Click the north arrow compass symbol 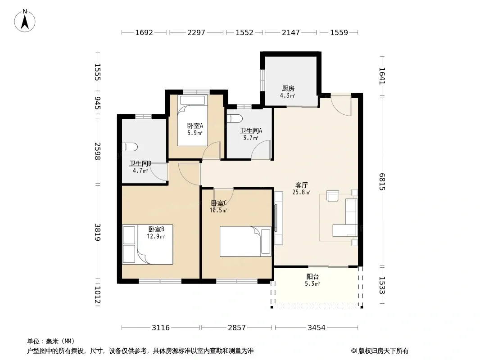(x=25, y=21)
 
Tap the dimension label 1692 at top (x=144, y=32)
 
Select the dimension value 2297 (x=196, y=32)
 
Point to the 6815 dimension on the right (x=382, y=182)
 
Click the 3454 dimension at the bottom (x=317, y=328)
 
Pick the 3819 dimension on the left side (x=97, y=232)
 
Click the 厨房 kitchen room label (x=288, y=88)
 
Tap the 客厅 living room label (x=302, y=185)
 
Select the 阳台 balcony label (x=312, y=276)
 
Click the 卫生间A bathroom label (x=251, y=130)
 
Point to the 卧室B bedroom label (x=156, y=229)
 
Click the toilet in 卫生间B (x=129, y=147)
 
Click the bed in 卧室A (x=193, y=121)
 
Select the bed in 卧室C (x=245, y=241)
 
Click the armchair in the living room (x=333, y=196)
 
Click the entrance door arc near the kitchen (x=341, y=106)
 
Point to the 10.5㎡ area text (x=218, y=211)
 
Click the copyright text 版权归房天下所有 (x=383, y=351)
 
